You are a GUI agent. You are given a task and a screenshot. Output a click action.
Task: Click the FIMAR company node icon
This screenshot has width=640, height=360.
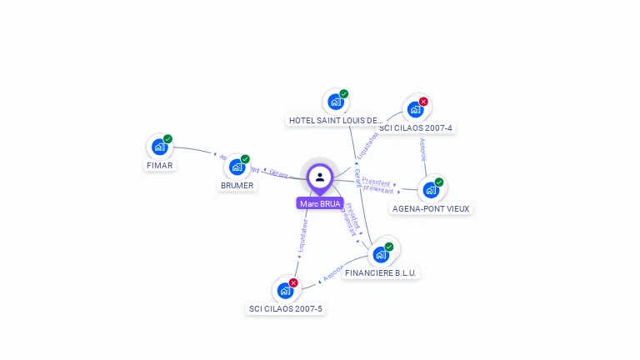click(159, 147)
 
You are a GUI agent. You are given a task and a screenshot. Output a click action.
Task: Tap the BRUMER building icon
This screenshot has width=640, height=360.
click(237, 167)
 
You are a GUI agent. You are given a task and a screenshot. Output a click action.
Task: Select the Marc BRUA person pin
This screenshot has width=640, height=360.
click(320, 177)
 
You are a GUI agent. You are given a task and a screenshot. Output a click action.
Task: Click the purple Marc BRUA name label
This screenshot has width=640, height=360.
click(320, 203)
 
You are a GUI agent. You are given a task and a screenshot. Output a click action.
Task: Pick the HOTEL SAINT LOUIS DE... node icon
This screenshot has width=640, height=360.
click(336, 102)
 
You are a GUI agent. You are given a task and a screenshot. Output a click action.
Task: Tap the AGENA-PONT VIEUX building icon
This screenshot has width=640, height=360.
click(431, 190)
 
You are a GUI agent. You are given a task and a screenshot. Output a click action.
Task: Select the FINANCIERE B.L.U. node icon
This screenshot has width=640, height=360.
click(381, 254)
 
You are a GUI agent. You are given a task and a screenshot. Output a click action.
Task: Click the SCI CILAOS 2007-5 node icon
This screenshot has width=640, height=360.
click(285, 291)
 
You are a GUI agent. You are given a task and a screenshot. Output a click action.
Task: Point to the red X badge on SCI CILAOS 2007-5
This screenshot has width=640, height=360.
click(293, 282)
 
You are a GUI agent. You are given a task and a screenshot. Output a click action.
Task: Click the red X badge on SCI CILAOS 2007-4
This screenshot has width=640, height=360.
click(423, 102)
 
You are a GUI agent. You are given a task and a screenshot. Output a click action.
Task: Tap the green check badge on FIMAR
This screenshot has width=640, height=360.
click(167, 139)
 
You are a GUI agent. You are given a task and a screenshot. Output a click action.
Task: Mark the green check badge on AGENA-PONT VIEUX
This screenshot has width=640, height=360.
click(439, 182)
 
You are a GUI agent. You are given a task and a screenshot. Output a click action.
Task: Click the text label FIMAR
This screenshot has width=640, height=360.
click(159, 166)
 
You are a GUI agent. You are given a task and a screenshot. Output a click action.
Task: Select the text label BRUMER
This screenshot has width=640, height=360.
click(237, 185)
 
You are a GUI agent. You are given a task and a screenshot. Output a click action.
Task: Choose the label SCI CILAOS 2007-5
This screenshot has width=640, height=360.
click(286, 309)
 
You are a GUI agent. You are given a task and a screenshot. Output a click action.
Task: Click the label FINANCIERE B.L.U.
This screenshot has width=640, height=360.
click(381, 272)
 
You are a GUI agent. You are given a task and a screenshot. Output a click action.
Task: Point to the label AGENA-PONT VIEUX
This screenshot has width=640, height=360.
click(432, 208)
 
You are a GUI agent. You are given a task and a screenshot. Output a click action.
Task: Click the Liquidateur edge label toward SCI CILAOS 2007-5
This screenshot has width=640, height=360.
click(303, 236)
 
